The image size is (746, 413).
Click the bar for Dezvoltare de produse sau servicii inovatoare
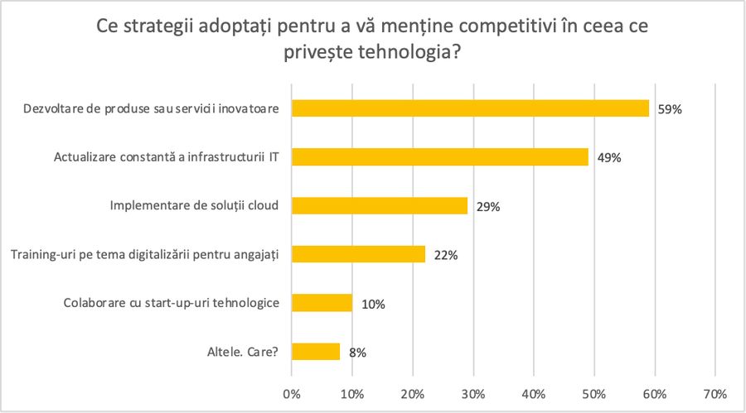pos(470,108)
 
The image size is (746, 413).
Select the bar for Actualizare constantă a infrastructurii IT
pos(440,157)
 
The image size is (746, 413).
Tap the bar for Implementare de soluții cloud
pos(380,206)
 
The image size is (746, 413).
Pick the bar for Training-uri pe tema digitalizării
pos(358,254)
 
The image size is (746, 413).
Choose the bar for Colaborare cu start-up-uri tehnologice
pos(322,303)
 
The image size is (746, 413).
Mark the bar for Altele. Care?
pos(316,352)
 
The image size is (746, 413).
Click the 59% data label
pos(669,109)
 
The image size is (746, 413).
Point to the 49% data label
pos(608,157)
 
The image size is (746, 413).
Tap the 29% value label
pos(487,207)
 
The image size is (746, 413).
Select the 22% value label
pos(445,255)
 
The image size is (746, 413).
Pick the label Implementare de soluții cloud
pos(194,206)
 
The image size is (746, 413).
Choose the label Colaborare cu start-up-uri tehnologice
pos(171,303)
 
